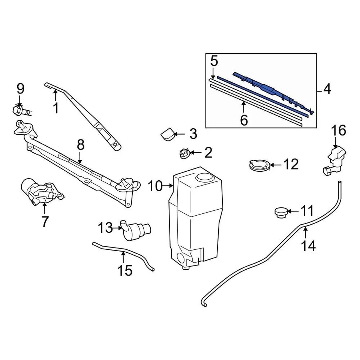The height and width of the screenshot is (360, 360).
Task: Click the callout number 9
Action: pyautogui.click(x=20, y=89)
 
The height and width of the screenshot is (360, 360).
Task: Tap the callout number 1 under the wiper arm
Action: pyautogui.click(x=55, y=108)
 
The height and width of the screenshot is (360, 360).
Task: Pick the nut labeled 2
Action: pyautogui.click(x=184, y=153)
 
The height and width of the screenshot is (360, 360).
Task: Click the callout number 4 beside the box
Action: pyautogui.click(x=327, y=90)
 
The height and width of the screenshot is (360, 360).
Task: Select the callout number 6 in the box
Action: pyautogui.click(x=244, y=120)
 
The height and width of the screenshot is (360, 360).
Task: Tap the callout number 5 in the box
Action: pyautogui.click(x=214, y=60)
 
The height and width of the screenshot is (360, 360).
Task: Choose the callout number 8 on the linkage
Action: pyautogui.click(x=81, y=145)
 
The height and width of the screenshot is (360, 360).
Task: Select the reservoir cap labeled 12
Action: pyautogui.click(x=259, y=165)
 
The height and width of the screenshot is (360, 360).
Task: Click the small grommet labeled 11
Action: pyautogui.click(x=280, y=212)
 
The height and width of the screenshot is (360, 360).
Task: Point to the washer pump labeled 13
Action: pyautogui.click(x=135, y=228)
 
